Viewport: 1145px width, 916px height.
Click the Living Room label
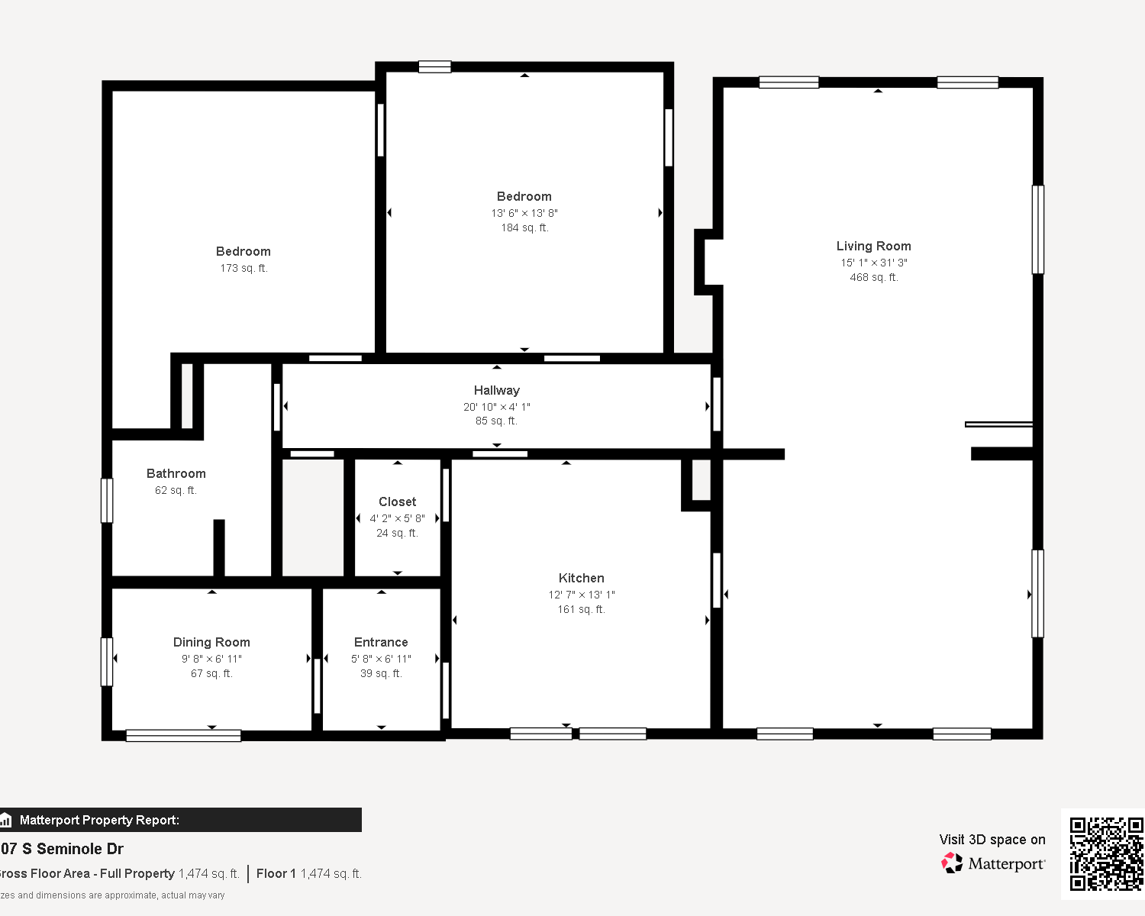coord(874,247)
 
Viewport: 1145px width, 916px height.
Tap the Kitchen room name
coord(581,578)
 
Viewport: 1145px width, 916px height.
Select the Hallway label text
coord(496,391)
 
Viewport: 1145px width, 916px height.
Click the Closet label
coord(398,502)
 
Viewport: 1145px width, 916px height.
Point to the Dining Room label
coord(211,643)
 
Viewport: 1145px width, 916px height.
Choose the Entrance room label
coord(381,643)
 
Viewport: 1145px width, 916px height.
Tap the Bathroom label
coord(176,474)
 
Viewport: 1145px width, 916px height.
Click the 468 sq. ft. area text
coord(874,277)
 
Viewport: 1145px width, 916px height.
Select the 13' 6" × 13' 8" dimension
coord(524,214)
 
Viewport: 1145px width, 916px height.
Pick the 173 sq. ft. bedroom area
coord(244,268)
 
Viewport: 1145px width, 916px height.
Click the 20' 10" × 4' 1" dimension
coord(496,407)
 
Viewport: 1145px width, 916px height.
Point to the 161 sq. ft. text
coord(581,609)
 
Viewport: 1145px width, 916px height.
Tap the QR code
coord(1105,854)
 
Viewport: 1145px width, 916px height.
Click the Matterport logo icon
coord(952,863)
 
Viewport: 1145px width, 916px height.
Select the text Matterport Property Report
coord(99,820)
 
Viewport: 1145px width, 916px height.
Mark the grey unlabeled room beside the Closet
coord(313,518)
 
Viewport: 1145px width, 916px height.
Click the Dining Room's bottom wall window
coord(183,736)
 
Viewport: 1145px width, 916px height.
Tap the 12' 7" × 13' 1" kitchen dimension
coord(581,595)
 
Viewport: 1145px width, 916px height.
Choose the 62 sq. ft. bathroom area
coord(176,490)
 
